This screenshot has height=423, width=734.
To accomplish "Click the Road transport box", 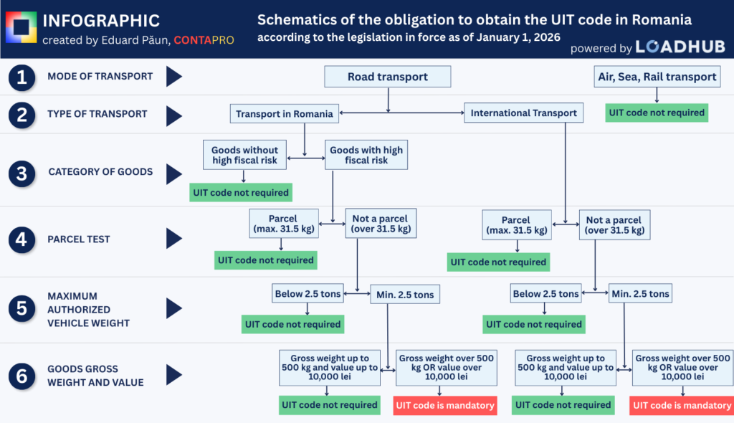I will [388, 77].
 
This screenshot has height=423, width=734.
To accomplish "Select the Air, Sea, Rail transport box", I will [657, 77].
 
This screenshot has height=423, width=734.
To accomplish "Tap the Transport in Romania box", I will [285, 113].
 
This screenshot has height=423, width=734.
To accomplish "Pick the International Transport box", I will [524, 113].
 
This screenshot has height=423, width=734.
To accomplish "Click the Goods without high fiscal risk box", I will [245, 155].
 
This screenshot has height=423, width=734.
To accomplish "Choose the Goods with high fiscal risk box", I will [366, 155].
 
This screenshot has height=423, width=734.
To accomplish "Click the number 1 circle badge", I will [22, 77].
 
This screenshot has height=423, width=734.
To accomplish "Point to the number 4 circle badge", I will [22, 239].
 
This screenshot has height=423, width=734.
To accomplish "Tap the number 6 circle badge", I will [22, 375].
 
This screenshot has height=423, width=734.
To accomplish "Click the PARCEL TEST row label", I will [79, 239].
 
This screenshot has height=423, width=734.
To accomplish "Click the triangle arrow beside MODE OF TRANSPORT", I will [174, 77].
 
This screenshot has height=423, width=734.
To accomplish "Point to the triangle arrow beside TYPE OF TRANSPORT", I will [174, 113].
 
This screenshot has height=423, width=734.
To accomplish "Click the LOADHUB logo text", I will [680, 47].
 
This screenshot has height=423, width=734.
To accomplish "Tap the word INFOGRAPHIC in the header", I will [101, 21].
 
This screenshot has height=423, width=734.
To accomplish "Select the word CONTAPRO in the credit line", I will [204, 40].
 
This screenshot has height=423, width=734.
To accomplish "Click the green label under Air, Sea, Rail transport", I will [656, 113].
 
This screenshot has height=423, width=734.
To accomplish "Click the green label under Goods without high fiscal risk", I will [240, 192].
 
